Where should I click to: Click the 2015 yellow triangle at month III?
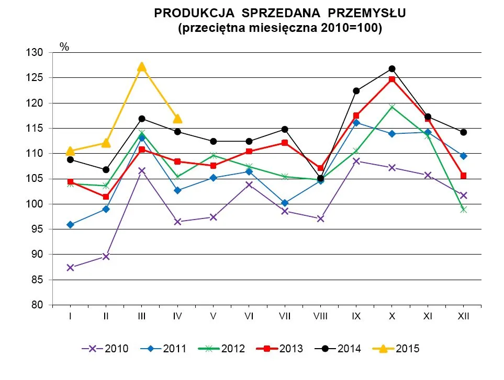coord(142,66)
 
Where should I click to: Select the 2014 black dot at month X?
coord(392,68)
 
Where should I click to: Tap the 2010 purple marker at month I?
coord(70,268)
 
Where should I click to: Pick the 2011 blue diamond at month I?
coord(70,225)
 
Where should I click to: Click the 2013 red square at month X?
coord(392,79)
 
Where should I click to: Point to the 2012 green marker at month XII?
coord(463,210)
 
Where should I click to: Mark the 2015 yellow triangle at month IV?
coord(177,119)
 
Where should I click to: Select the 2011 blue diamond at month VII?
coord(285,203)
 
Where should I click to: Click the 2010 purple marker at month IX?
coord(356,161)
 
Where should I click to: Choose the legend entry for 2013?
coord(280,349)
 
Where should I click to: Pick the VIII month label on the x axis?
coord(320,316)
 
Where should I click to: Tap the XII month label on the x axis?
coord(463,316)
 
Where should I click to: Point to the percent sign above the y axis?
coord(64,47)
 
